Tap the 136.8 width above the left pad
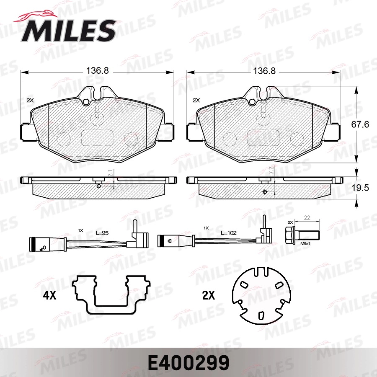[97, 71]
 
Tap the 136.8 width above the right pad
[263, 71]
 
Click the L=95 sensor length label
[103, 233]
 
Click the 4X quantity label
[49, 296]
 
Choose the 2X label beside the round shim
[208, 296]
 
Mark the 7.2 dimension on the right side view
[271, 170]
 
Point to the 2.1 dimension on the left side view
[110, 173]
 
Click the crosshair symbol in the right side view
[264, 192]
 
